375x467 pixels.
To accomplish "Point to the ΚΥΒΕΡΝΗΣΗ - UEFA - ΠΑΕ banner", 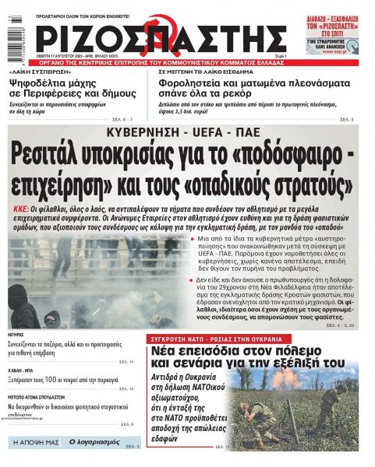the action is pyautogui.click(x=186, y=131).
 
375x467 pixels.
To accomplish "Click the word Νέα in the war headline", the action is pyautogui.click(x=169, y=353).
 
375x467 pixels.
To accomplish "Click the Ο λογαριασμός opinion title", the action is pyautogui.click(x=94, y=442).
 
